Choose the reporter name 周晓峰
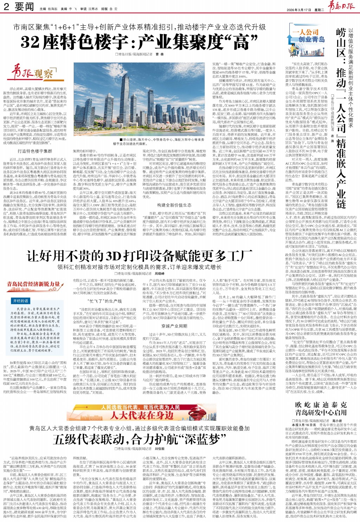pos(160,273)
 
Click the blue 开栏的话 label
pos(20,301)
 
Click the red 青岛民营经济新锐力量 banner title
pos(33,284)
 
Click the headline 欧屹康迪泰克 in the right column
pos(321,405)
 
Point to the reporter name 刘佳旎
pos(160,449)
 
